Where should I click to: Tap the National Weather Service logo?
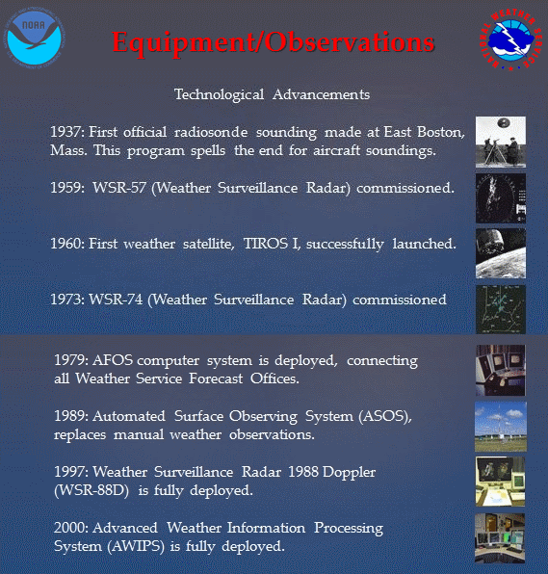[511, 39]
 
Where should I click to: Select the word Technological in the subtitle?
[219, 94]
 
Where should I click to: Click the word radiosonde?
[211, 132]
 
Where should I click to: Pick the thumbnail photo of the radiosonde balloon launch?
[501, 142]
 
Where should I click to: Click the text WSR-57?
[119, 188]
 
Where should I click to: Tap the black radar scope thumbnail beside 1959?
[501, 198]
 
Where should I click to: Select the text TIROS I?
[272, 244]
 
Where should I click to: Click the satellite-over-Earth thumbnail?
[501, 253]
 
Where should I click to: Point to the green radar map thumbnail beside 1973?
[501, 309]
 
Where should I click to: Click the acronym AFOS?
[113, 360]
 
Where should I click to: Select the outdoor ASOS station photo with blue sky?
[501, 427]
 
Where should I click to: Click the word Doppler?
[349, 473]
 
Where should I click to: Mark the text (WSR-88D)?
[91, 490]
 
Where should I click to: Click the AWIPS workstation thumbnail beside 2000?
[500, 537]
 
